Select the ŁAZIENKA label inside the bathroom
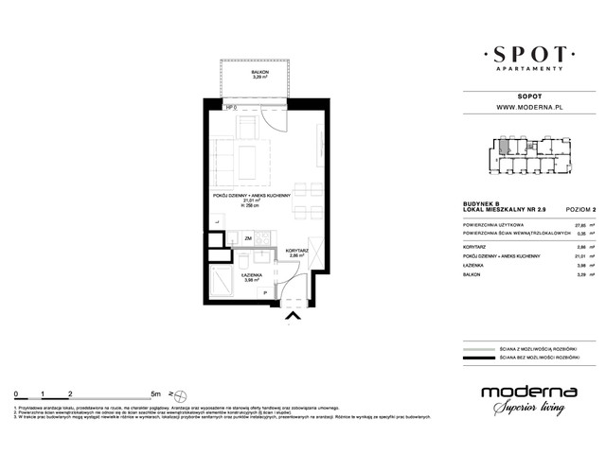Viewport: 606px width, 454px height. tap(249, 275)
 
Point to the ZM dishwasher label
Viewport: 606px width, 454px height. tap(247, 239)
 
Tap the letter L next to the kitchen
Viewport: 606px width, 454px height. tap(217, 222)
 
